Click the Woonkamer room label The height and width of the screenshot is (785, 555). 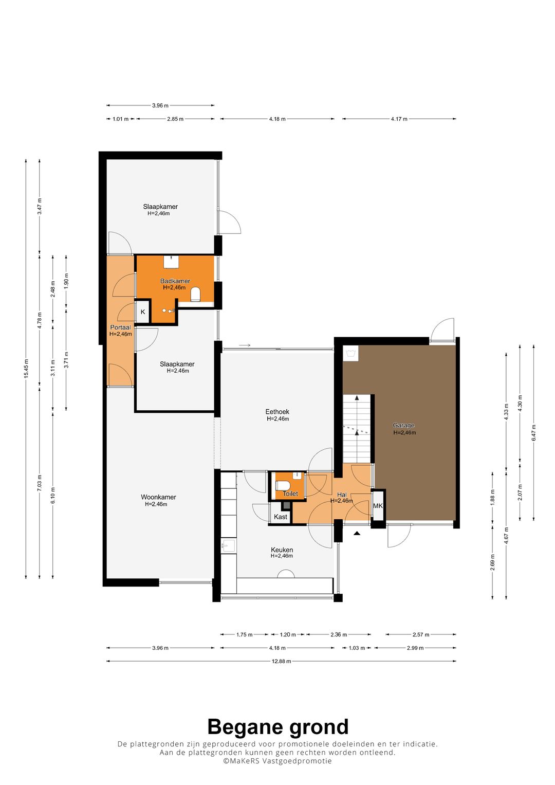(158, 497)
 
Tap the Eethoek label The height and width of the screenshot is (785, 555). (277, 412)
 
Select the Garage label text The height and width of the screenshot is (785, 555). (403, 426)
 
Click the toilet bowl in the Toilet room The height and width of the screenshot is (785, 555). (282, 486)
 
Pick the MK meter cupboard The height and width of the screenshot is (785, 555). (378, 506)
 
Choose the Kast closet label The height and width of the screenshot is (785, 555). (281, 517)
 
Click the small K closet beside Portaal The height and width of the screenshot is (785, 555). (143, 312)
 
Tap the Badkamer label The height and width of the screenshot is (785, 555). (175, 281)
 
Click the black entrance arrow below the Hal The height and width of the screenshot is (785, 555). (357, 534)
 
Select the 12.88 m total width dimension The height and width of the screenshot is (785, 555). (281, 661)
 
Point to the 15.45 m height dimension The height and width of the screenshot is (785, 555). (26, 369)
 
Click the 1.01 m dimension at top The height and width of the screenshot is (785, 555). (121, 119)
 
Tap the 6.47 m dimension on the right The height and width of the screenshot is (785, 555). (533, 433)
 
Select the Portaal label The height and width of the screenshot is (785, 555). (121, 327)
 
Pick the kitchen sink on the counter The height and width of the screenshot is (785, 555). (229, 545)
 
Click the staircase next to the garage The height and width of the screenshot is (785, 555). (357, 429)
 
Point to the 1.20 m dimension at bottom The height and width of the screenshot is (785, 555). (288, 634)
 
